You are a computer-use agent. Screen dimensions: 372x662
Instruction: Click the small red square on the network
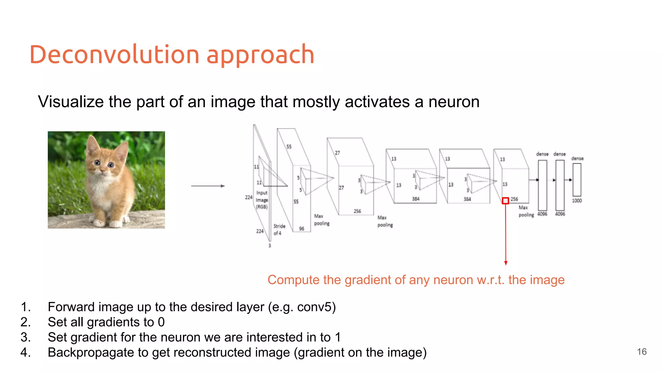click(505, 201)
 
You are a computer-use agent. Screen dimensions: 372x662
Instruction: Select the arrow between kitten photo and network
click(208, 186)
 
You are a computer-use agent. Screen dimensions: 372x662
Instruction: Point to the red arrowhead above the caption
click(506, 263)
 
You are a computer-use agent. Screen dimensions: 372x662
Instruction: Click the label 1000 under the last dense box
click(577, 201)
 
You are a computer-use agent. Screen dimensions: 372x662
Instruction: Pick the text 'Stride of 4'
click(279, 230)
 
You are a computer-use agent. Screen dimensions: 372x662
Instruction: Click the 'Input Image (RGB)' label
click(262, 200)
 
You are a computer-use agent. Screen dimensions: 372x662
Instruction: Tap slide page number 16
click(642, 352)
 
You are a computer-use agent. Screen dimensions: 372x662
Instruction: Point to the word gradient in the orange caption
click(364, 280)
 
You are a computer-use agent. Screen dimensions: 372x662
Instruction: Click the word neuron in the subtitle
click(454, 102)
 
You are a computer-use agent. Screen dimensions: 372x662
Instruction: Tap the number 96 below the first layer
click(301, 229)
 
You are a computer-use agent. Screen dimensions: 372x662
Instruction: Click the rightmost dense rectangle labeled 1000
click(577, 180)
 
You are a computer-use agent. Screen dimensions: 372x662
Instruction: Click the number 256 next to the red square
click(514, 199)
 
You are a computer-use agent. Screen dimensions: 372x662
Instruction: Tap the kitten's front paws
click(107, 223)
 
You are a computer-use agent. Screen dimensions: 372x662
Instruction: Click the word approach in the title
click(260, 55)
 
